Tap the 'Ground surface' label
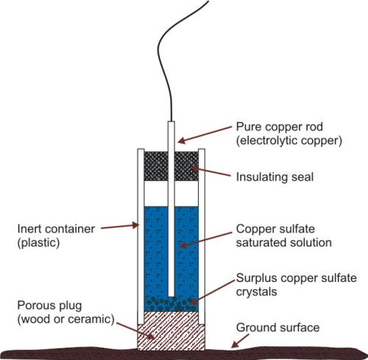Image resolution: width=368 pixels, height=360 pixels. tap(283, 327)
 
